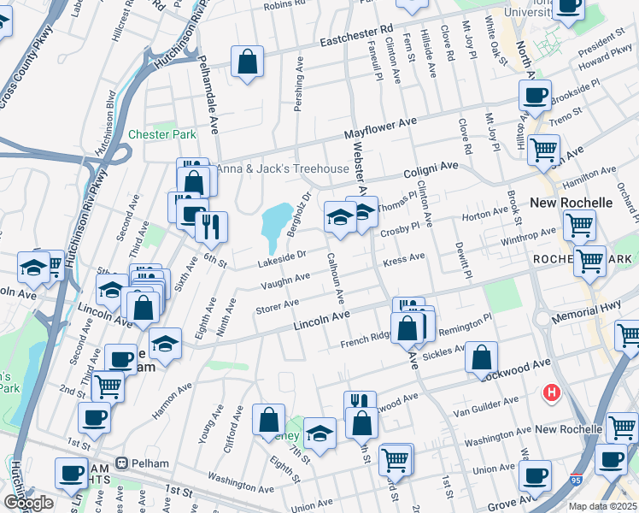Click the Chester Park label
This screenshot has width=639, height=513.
coord(162,134)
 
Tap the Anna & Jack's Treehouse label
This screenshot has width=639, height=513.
coord(281,168)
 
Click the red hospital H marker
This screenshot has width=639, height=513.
coord(552,393)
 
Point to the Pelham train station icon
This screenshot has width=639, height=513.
coord(123,463)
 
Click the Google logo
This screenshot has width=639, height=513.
coord(28,503)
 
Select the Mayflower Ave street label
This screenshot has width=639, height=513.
coord(380,128)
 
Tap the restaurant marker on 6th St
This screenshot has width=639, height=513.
coord(211,227)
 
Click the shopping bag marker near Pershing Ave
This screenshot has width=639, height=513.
coord(247,62)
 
